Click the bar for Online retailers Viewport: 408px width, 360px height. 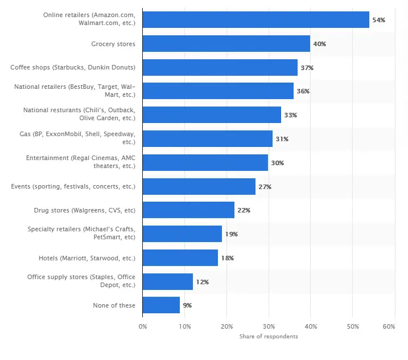(x=255, y=19)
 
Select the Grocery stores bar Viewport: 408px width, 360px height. (x=226, y=43)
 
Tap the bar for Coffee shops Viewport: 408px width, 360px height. (x=220, y=67)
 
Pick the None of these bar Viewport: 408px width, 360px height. (x=161, y=305)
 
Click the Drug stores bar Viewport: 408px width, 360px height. (x=188, y=210)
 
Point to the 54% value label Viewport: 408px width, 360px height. (x=378, y=20)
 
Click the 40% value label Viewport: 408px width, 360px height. (x=319, y=44)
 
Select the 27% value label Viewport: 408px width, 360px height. (x=265, y=187)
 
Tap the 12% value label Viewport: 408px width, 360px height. (x=202, y=282)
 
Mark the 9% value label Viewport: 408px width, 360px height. (x=187, y=306)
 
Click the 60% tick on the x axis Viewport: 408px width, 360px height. (x=389, y=326)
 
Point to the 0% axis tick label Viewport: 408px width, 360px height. (x=143, y=326)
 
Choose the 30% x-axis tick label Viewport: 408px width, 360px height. (x=269, y=326)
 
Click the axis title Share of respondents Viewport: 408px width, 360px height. (x=269, y=337)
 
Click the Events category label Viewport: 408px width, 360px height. (x=73, y=186)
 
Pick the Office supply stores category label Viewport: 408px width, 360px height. (x=81, y=281)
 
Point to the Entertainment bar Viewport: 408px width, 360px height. (x=205, y=162)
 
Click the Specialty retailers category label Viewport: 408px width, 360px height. (x=81, y=234)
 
